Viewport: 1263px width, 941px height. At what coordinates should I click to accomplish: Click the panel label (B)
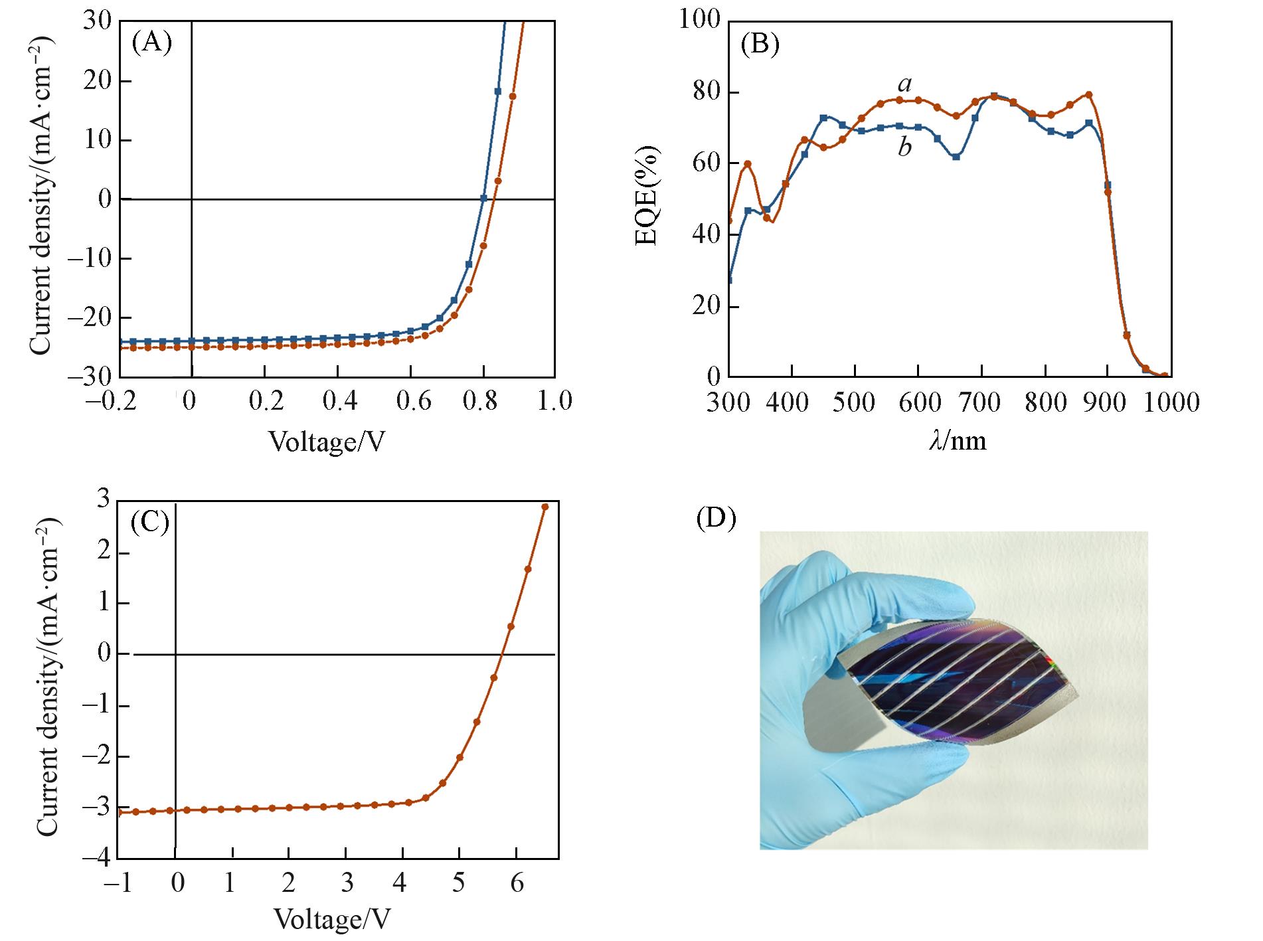(x=759, y=44)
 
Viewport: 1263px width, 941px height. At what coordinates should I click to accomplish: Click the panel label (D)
(x=716, y=519)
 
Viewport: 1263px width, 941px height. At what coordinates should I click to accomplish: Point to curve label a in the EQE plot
(x=904, y=84)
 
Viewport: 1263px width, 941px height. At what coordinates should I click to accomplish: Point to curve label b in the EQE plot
(x=904, y=147)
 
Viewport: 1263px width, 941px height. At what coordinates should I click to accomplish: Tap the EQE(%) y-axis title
(x=647, y=198)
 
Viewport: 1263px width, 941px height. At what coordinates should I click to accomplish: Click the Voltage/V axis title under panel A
(x=327, y=441)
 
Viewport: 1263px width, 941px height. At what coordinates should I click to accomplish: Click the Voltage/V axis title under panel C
(x=332, y=919)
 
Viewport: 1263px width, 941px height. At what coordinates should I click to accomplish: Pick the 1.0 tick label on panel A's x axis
(x=555, y=401)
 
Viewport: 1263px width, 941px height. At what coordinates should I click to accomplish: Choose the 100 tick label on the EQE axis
(x=699, y=20)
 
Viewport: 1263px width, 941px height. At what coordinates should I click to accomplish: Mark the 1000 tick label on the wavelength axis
(x=1170, y=402)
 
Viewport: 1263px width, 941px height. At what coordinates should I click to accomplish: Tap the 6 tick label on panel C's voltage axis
(x=515, y=884)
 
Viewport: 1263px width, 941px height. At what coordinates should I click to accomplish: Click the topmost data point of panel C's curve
(x=545, y=507)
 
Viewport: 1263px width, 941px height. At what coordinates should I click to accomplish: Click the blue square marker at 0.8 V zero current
(x=483, y=198)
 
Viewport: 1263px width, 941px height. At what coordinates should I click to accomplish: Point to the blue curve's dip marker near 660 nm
(x=956, y=157)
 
